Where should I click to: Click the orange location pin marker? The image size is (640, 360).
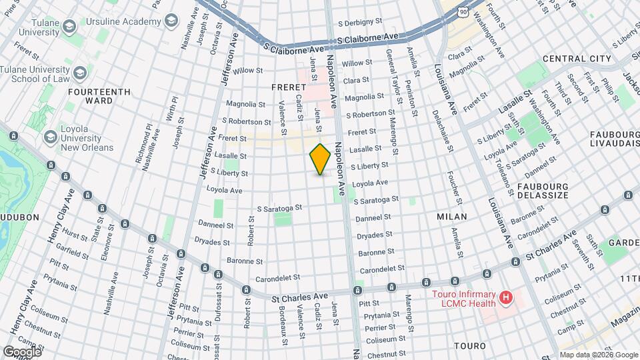tap(320, 159)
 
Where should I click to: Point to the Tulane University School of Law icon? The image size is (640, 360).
tap(80, 73)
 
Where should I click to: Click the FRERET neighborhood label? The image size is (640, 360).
tap(288, 87)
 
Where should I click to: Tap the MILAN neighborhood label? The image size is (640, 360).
tap(451, 217)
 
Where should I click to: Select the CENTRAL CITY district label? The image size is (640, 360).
tap(577, 59)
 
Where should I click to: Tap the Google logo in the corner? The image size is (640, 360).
tap(22, 351)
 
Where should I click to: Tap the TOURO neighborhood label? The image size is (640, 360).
tap(471, 346)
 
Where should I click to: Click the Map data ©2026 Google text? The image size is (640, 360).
tap(598, 355)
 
